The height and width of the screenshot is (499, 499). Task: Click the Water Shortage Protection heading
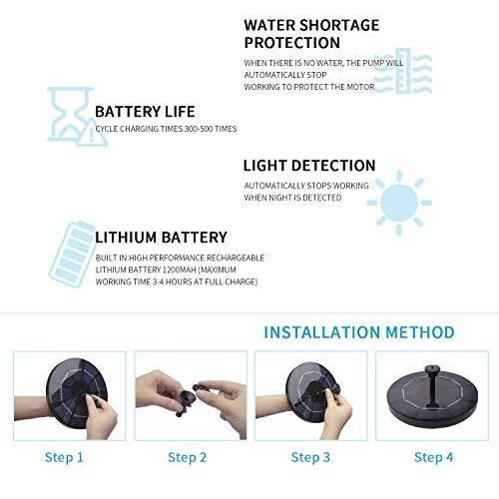tap(311, 34)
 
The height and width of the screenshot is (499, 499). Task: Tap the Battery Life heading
tap(145, 112)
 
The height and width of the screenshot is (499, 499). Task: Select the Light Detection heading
tap(309, 166)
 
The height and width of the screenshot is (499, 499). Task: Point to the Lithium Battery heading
tap(161, 238)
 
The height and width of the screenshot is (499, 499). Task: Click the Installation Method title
tap(359, 332)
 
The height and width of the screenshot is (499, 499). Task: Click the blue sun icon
tap(399, 203)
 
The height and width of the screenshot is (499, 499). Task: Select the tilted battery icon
tap(72, 253)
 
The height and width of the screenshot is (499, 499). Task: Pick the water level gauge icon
tap(402, 71)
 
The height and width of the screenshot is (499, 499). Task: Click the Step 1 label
tap(64, 458)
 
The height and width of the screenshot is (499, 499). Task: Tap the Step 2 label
tap(188, 458)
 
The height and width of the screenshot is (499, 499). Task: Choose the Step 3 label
tap(310, 458)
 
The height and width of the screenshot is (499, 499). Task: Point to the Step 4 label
tap(434, 458)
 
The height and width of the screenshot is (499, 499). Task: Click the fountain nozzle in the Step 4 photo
tap(432, 386)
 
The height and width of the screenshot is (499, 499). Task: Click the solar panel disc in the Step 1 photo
tap(77, 393)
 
